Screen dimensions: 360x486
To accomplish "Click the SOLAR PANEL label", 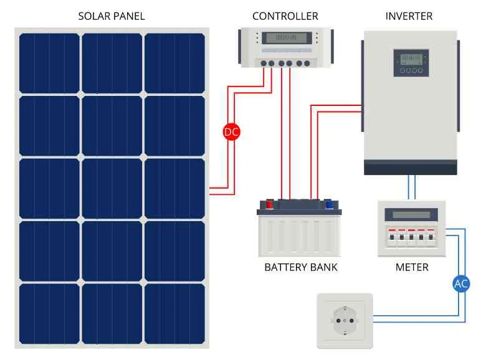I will coord(112,16).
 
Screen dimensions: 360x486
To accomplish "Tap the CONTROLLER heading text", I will coord(285,16).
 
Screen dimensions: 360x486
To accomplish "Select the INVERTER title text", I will coord(409,16).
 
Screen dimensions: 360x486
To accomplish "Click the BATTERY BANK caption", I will coord(301,267).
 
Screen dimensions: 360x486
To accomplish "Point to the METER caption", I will coord(412,267).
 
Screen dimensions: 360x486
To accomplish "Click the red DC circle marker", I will coord(231,131).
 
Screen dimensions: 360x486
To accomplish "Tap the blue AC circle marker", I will coord(461,284).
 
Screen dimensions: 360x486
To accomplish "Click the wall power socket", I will coord(345,321).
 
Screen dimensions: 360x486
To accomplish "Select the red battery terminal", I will coord(270,203).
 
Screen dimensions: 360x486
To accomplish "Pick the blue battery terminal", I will coord(328,203).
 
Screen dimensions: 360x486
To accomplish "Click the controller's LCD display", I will coord(286,37).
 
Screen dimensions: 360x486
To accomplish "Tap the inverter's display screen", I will coord(411,59).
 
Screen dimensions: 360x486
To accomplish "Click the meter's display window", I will coord(411,215).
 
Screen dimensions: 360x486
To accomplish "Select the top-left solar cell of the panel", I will coord(49,62).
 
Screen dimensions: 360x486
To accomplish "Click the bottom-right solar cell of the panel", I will coord(174,313).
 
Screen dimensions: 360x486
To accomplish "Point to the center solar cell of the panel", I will coord(112,188).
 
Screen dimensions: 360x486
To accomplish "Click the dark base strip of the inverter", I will coord(410,167).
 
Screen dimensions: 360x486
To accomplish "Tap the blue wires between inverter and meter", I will coord(411,187).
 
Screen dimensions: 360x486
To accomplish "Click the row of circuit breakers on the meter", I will coord(411,237).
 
